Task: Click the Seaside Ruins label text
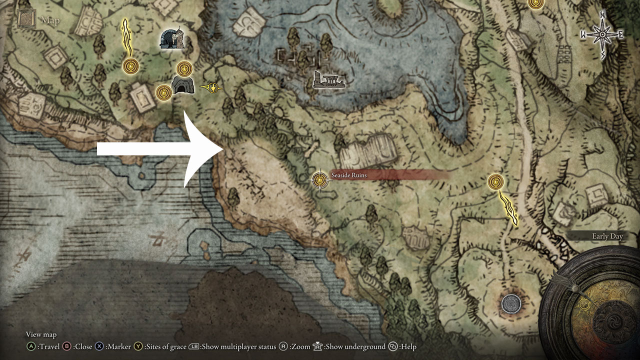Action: (348, 175)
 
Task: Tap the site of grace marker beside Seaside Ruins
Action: (319, 179)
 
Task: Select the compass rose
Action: (602, 34)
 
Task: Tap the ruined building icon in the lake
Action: (328, 80)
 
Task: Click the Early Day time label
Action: (607, 236)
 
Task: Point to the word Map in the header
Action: (50, 20)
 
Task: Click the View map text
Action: (41, 334)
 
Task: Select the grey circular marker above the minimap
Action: (511, 302)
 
